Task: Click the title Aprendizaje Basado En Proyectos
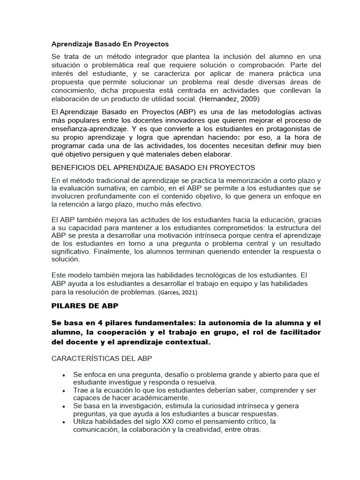110,44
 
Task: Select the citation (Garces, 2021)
178,292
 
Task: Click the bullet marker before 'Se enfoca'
63,375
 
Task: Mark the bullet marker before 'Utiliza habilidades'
63,422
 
